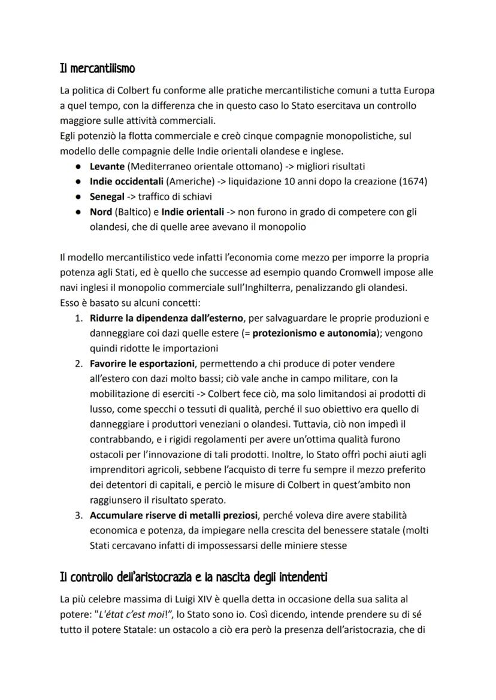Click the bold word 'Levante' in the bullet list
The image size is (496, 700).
pos(107,166)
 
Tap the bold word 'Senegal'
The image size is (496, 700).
pos(107,196)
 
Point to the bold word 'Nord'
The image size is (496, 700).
pos(101,211)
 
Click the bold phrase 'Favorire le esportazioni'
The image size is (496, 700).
pos(143,363)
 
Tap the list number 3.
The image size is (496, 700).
pos(78,515)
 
